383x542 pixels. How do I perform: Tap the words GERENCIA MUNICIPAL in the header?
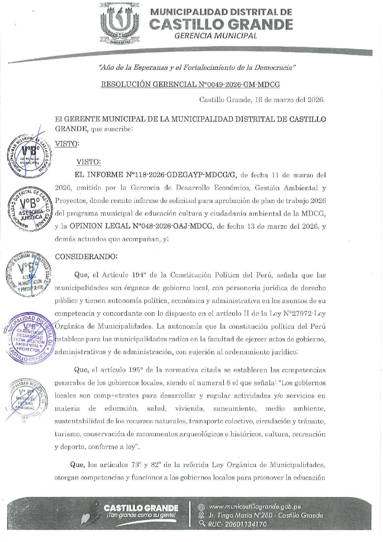click(x=215, y=36)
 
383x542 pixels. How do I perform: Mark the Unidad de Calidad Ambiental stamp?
click(x=27, y=399)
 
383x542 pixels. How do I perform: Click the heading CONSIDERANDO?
click(x=86, y=257)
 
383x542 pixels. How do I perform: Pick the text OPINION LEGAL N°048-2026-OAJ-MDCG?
click(x=141, y=226)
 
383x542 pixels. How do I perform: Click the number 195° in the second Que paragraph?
click(x=135, y=370)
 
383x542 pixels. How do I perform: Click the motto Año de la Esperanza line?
click(x=197, y=68)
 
